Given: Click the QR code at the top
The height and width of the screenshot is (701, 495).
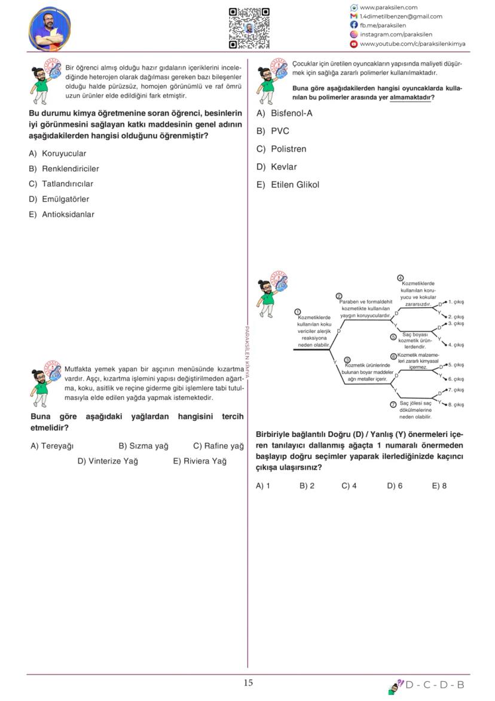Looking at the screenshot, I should [249, 28].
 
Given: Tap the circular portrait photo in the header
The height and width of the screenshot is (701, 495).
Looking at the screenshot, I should [49, 29].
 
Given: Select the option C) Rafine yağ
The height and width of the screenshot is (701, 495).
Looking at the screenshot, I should [218, 446].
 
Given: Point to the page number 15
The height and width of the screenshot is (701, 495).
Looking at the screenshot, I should [248, 683].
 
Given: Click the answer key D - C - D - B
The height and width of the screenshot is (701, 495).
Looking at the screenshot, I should [435, 685].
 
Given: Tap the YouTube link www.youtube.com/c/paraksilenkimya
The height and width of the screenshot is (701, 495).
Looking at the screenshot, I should [412, 44].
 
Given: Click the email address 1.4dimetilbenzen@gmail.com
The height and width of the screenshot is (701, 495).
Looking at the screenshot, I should [401, 16].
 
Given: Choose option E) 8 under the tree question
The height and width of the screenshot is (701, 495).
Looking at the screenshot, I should [439, 485].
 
